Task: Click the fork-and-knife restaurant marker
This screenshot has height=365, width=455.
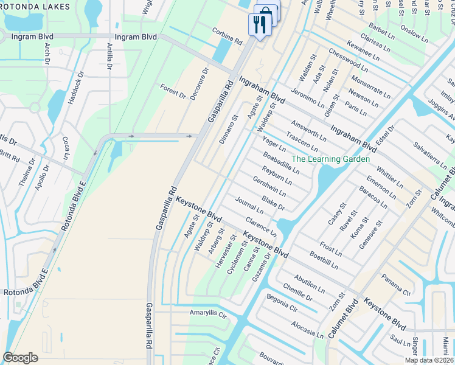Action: (258, 24)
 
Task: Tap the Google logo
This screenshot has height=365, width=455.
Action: (21, 358)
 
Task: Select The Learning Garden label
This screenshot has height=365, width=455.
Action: (330, 159)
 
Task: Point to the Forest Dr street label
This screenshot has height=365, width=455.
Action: (173, 91)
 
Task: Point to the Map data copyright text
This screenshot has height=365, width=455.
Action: (428, 360)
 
